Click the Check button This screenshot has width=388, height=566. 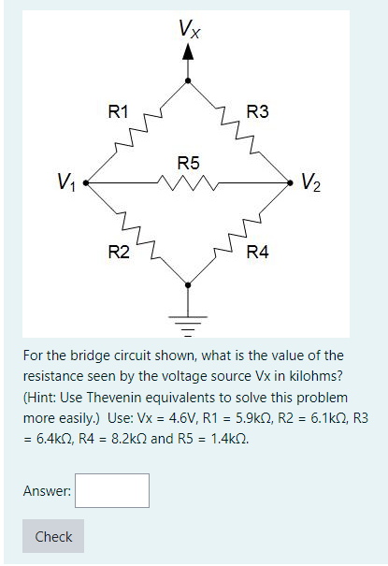[53, 537]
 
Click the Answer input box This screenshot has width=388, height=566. [111, 490]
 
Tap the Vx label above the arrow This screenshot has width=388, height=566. [189, 28]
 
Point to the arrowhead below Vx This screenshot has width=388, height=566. [189, 52]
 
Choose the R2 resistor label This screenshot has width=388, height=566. [119, 252]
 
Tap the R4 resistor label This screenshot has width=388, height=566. [257, 252]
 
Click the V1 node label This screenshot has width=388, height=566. [66, 181]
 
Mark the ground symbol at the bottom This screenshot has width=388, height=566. [189, 325]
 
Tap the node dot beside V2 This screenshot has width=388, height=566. [292, 183]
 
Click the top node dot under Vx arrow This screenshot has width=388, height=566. [189, 81]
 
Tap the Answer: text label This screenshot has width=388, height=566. [46, 490]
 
